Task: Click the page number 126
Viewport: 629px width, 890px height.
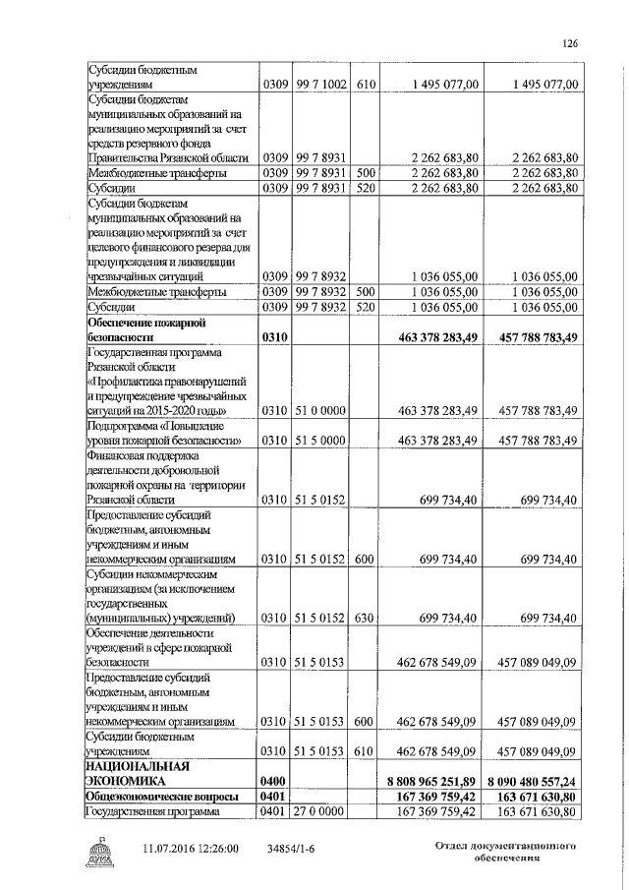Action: (x=568, y=42)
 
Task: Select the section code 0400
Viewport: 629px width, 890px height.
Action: (x=273, y=778)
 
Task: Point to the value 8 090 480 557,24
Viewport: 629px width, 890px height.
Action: (x=532, y=778)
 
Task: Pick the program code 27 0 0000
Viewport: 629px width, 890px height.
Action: (x=318, y=811)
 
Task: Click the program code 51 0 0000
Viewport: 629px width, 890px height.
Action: (x=318, y=409)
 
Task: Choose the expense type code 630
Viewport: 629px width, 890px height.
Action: (x=364, y=618)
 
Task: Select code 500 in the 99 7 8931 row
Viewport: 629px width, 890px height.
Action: (x=364, y=172)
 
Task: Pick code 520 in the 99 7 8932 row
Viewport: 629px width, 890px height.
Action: (x=364, y=307)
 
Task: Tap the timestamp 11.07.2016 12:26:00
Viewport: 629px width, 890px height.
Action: (x=191, y=847)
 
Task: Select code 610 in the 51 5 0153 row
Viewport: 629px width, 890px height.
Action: (x=364, y=752)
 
